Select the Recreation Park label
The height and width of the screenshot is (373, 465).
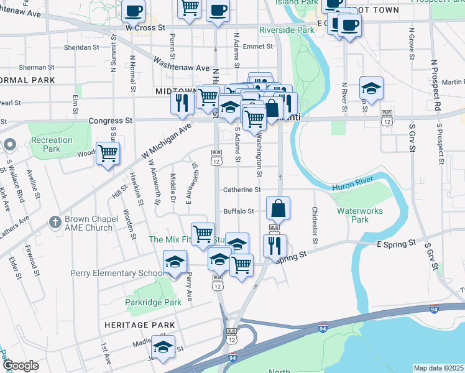pyautogui.click(x=52, y=145)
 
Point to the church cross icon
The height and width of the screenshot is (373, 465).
pyautogui.click(x=55, y=222)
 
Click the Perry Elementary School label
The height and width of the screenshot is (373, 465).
pyautogui.click(x=117, y=273)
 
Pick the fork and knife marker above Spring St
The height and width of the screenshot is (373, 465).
pyautogui.click(x=274, y=244)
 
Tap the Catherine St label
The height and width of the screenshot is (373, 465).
pyautogui.click(x=242, y=190)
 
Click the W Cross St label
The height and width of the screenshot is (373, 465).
pyautogui.click(x=145, y=28)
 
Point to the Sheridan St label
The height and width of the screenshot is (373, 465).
pyautogui.click(x=83, y=47)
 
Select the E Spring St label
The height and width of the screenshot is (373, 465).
pyautogui.click(x=395, y=245)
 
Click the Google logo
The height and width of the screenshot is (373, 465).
pyautogui.click(x=21, y=366)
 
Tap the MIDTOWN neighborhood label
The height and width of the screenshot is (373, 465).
pyautogui.click(x=176, y=91)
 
